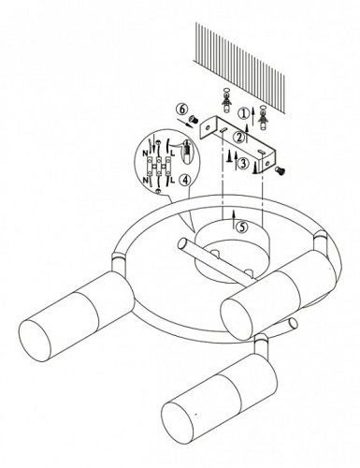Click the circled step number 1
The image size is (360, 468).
[243, 113]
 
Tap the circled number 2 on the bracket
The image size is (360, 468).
[239, 137]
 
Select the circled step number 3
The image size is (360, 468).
[243, 163]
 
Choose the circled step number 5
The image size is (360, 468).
[241, 227]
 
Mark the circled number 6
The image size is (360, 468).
[182, 109]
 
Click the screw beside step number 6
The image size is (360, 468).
[194, 118]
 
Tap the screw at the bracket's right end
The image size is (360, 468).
[281, 169]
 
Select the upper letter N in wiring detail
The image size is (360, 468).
[146, 154]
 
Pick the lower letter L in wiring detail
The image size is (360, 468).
[172, 180]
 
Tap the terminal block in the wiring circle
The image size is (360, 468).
[159, 166]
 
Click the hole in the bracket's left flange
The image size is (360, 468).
[208, 127]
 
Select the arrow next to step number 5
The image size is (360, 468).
[234, 219]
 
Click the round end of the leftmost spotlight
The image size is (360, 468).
[35, 341]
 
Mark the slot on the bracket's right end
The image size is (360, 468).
[261, 151]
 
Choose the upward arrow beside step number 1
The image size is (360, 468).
[252, 113]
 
